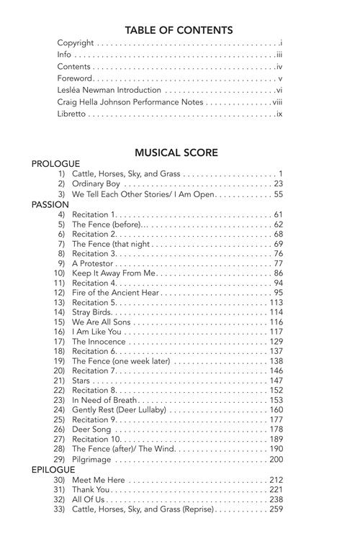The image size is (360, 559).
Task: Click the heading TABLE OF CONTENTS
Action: (x=179, y=30)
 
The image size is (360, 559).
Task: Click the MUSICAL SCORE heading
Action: (x=176, y=153)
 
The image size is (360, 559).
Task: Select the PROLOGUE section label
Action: (x=55, y=164)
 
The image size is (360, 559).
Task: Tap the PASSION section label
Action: (x=50, y=204)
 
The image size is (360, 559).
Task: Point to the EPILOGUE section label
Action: (x=53, y=470)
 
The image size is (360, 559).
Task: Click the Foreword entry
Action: (x=75, y=78)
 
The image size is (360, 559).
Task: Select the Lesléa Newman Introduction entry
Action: (x=109, y=91)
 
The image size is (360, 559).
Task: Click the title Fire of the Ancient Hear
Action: (x=116, y=293)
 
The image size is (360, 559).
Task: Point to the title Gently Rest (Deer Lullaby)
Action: (x=119, y=410)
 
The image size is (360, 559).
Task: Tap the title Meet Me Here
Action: (x=99, y=480)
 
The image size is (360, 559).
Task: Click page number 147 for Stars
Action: (x=276, y=381)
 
